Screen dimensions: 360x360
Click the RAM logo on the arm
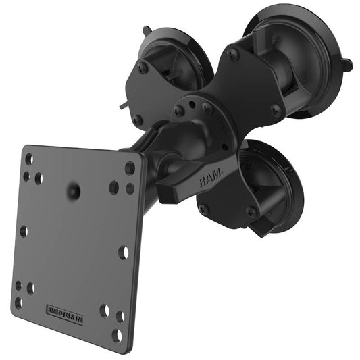[x=211, y=176]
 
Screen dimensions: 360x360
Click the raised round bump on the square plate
[x=73, y=192]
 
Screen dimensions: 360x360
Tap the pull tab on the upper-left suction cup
[x=147, y=30]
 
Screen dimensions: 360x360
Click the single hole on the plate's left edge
[x=23, y=231]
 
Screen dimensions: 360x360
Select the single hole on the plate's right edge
[x=124, y=252]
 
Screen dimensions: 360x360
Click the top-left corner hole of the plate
[x=28, y=159]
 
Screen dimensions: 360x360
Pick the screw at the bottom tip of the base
[x=203, y=209]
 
